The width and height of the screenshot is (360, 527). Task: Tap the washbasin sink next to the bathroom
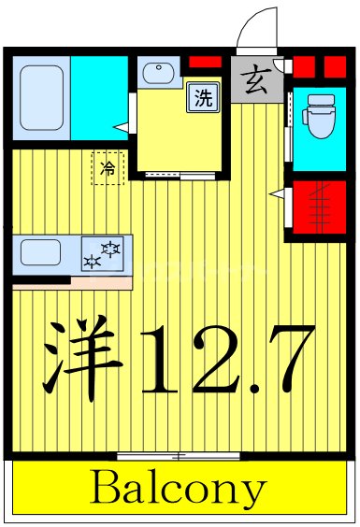point(155,73)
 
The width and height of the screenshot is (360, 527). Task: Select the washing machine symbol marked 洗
point(203,97)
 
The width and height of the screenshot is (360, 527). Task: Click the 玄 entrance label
point(255,82)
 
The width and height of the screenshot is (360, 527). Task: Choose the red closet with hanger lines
point(321,207)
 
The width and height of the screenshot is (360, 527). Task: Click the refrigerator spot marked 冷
point(108,169)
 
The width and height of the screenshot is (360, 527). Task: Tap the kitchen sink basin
point(41,252)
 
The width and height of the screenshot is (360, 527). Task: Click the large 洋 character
point(83,360)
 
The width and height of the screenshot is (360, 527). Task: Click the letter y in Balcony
point(254,491)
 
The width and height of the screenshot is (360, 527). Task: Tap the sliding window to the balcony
point(179,455)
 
